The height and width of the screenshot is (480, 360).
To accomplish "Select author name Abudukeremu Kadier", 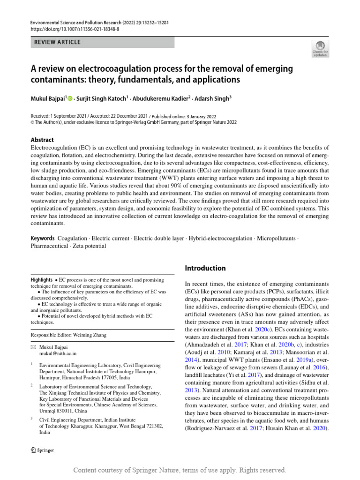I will [x=155, y=98].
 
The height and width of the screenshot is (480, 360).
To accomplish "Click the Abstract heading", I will [x=42, y=140].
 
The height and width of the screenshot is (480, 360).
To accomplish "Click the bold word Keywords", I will [x=43, y=238].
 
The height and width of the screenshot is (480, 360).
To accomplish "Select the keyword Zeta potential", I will [x=89, y=246].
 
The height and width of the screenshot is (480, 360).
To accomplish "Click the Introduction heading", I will [x=205, y=268].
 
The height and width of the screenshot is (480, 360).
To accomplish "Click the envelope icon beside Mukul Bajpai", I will [x=33, y=347].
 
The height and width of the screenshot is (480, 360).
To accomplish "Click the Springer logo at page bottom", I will [x=42, y=450].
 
